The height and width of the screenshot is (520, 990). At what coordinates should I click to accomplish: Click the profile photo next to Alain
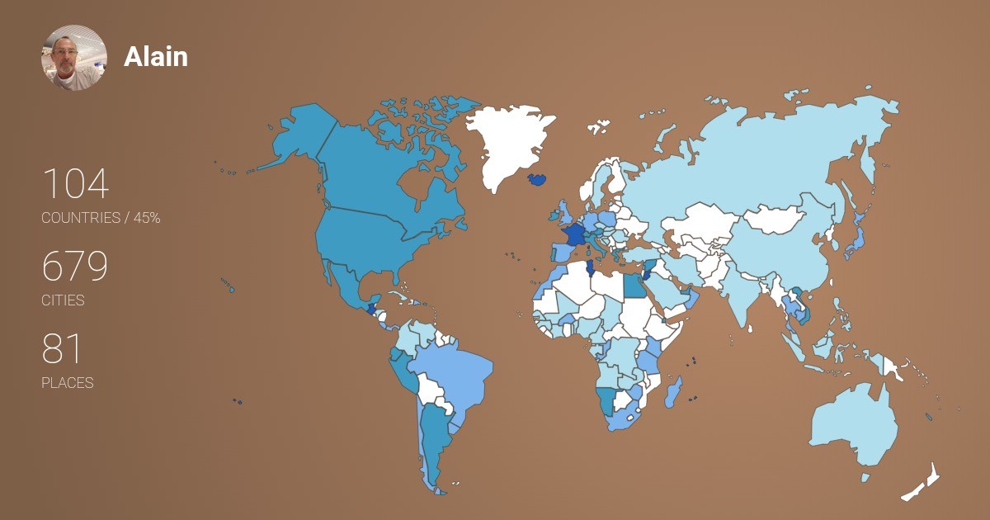tap(74, 57)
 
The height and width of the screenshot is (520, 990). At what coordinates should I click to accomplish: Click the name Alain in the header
tap(156, 57)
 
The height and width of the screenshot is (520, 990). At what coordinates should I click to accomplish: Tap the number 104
tap(75, 184)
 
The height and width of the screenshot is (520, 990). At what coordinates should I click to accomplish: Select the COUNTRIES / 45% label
tap(101, 218)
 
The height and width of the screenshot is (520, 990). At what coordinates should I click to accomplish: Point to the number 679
tap(75, 267)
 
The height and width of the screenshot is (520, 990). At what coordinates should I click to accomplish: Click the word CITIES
tap(63, 300)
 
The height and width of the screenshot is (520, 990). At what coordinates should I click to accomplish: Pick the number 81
tap(62, 349)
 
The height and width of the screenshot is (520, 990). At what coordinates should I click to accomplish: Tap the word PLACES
tap(68, 383)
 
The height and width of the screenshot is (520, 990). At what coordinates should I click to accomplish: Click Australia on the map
tap(854, 425)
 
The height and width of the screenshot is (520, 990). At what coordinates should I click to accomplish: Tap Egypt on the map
tap(635, 286)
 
